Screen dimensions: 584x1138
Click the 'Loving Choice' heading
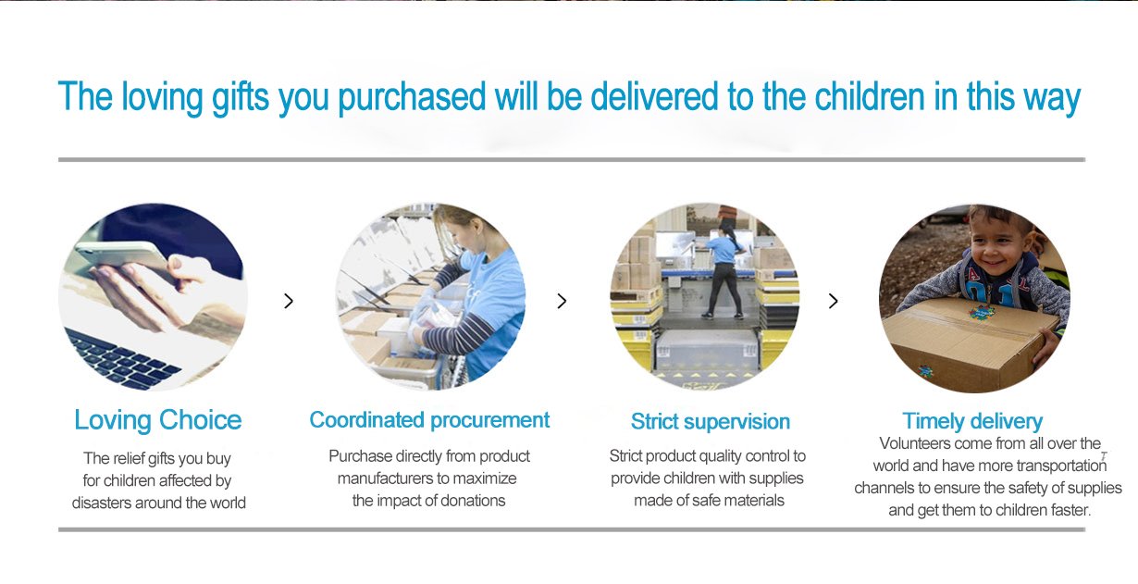[x=157, y=420]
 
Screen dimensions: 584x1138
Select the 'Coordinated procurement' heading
[x=429, y=420]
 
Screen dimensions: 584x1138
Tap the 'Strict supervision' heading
[x=710, y=422]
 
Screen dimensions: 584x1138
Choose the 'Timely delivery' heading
[x=972, y=422]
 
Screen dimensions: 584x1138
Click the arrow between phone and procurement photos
[x=289, y=301]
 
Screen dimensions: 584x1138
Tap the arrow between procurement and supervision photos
[x=562, y=301]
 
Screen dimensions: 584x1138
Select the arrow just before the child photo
[x=834, y=301]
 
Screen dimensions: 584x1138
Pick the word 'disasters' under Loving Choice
[x=102, y=503]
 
